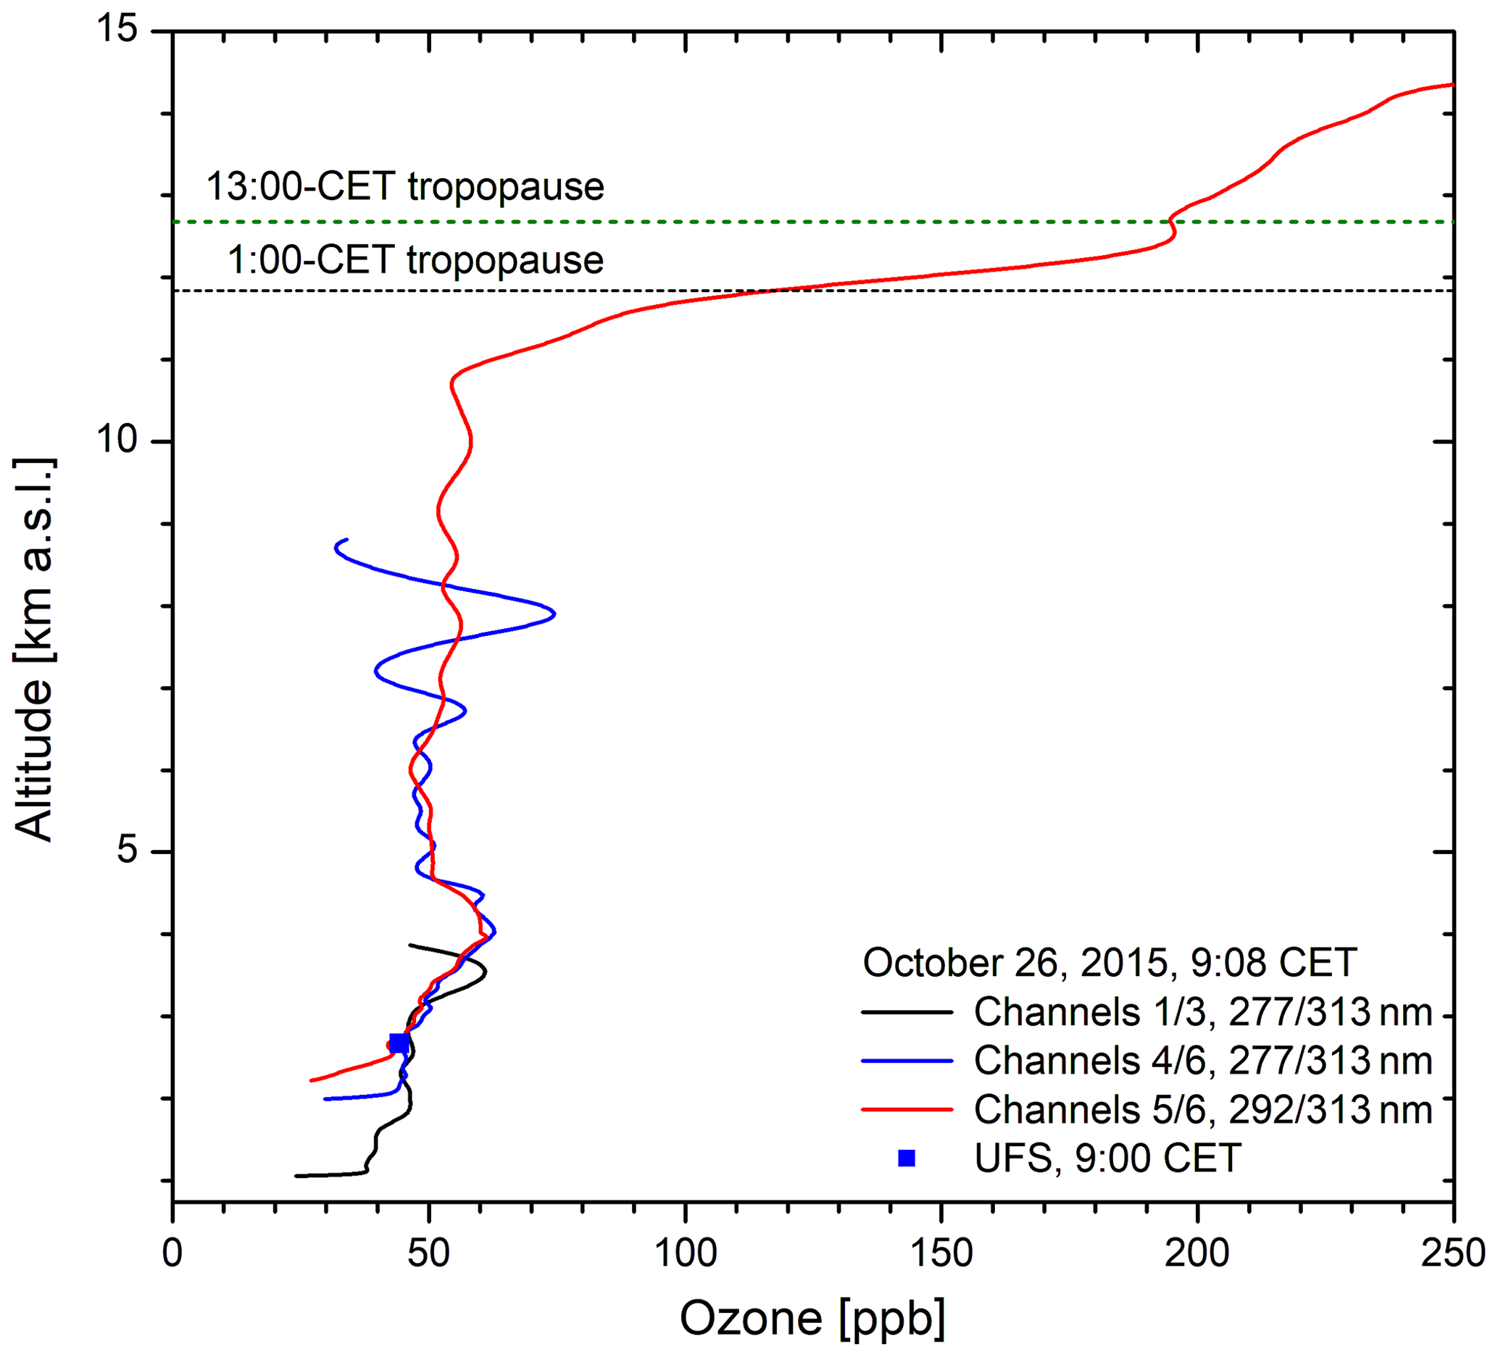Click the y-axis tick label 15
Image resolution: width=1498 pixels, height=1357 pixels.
[117, 31]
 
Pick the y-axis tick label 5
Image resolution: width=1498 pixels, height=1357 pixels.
[128, 851]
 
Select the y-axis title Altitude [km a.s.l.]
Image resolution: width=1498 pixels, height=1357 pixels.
[34, 650]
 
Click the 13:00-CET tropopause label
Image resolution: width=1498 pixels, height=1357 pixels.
[405, 186]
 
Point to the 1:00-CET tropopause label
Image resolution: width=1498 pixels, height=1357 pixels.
[415, 260]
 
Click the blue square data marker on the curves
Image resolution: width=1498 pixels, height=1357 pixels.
[399, 1043]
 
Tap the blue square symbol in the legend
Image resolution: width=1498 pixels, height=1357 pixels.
[907, 1158]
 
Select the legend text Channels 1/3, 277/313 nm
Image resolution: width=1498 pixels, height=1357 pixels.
[1203, 1012]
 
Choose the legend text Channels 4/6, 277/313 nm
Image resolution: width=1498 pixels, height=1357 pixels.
[1203, 1061]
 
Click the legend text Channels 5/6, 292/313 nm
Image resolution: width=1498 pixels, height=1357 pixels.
[1203, 1110]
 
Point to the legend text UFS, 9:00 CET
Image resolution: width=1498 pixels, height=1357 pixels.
[1107, 1158]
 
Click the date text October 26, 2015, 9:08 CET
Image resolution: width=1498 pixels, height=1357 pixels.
[1110, 964]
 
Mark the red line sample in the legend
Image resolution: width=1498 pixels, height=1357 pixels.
[907, 1110]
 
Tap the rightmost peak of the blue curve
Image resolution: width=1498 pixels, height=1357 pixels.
[554, 614]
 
